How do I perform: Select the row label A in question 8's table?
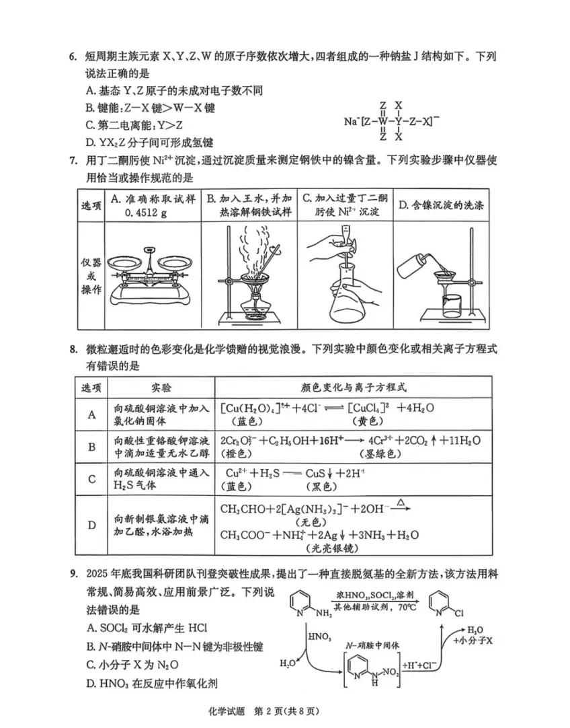point(92,415)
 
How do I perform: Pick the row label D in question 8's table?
point(92,525)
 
